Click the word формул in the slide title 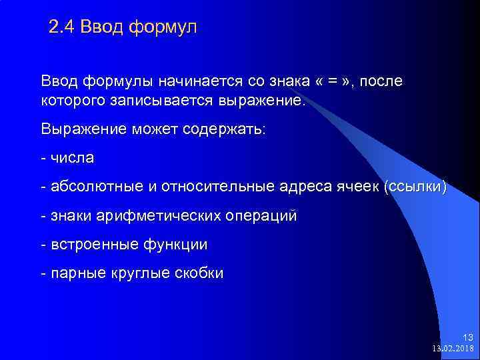pyautogui.click(x=163, y=28)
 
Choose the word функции pyautogui.click(x=175, y=245)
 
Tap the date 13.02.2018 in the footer pyautogui.click(x=453, y=348)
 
